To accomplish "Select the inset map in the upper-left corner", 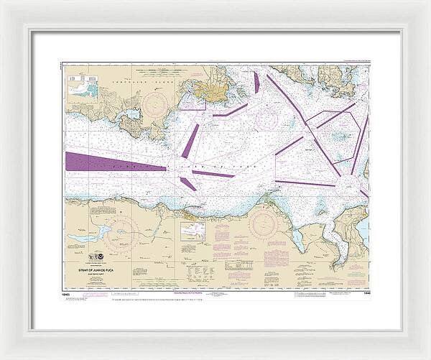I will coord(83,87).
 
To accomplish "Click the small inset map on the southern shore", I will coord(193,231).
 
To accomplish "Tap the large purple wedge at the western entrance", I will coord(108,162).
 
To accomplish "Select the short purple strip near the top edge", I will coord(256,83).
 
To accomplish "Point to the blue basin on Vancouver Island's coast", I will coord(132,114).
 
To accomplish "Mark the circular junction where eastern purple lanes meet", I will coord(308,127).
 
